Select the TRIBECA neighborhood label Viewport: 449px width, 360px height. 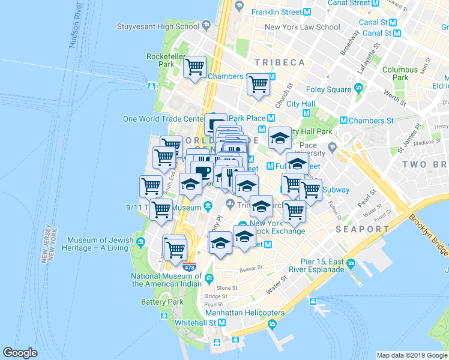279,62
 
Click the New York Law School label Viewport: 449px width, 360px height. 302,27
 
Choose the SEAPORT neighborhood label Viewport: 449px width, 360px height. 363,229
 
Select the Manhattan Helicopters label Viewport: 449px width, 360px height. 244,313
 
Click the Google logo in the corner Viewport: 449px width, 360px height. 20,353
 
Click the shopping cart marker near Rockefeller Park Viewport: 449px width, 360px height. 195,68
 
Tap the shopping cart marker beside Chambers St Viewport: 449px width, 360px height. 258,84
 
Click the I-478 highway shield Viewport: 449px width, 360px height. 189,266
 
